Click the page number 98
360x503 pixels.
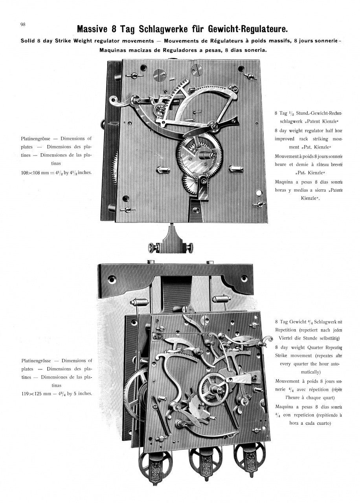[23, 24]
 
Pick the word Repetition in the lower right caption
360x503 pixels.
[290, 330]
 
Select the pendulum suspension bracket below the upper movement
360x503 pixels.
[172, 242]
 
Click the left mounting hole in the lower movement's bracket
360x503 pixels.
[112, 280]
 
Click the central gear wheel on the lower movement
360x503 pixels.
[214, 387]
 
